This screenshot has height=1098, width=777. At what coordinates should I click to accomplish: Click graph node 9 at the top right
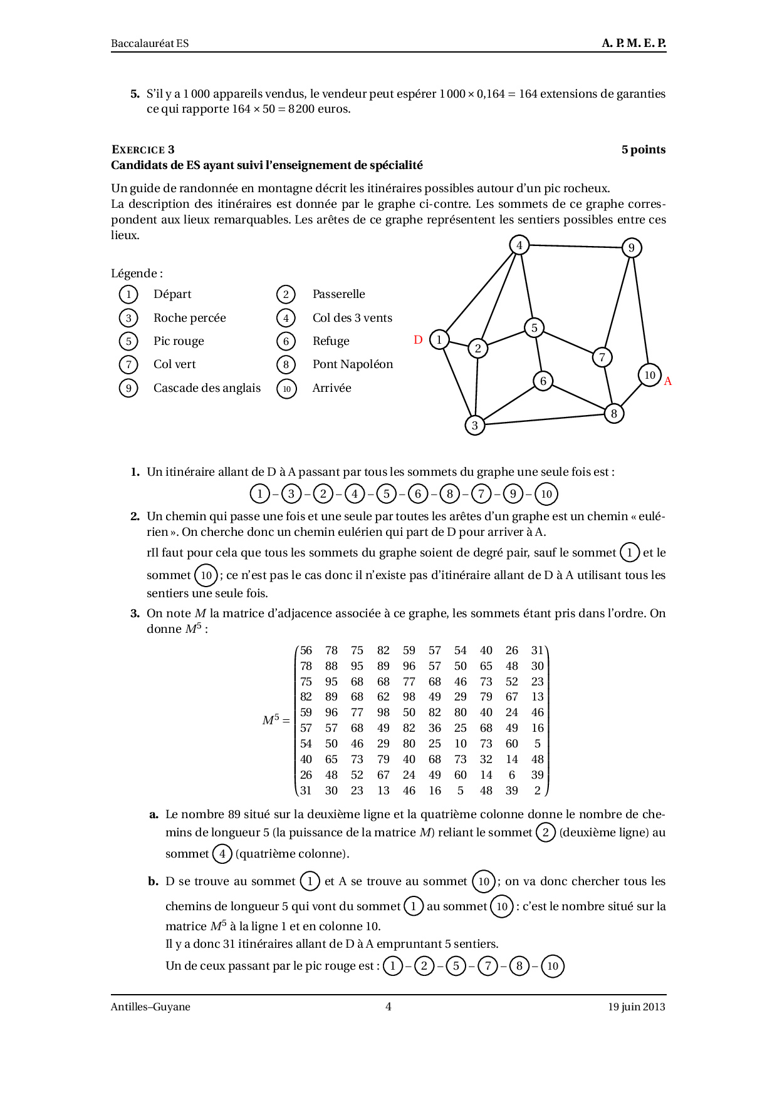(632, 248)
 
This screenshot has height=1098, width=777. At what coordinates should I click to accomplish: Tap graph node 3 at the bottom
(475, 426)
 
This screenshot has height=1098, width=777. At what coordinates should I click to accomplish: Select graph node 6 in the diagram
(543, 381)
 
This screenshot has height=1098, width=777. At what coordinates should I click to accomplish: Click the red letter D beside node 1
(418, 340)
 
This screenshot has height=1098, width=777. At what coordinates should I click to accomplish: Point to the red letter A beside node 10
(668, 381)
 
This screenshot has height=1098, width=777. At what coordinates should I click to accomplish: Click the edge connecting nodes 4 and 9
(575, 247)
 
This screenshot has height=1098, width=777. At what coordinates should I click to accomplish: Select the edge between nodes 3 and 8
(544, 419)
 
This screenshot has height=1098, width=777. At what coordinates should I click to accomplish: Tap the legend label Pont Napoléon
(353, 364)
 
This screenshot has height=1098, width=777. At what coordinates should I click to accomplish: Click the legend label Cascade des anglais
(207, 388)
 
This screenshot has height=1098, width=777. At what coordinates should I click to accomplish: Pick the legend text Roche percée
(189, 318)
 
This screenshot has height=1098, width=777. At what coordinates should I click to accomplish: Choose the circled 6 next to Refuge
(286, 341)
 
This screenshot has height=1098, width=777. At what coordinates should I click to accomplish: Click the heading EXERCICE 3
(143, 150)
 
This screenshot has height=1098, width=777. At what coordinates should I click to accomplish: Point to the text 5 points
(643, 150)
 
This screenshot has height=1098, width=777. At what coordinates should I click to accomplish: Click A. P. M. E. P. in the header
(634, 43)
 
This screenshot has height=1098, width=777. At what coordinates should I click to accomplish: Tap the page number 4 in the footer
(388, 1007)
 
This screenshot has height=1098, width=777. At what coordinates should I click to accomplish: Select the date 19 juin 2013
(636, 1007)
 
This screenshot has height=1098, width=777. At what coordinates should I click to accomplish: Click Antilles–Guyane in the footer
(150, 1007)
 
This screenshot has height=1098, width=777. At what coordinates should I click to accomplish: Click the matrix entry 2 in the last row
(537, 791)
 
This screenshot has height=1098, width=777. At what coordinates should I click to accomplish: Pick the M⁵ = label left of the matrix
(276, 721)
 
